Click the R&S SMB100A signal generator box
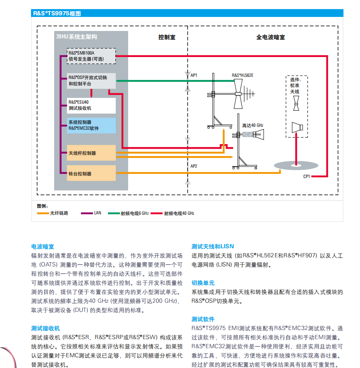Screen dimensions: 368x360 point(91,56)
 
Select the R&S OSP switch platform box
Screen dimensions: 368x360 point(91,81)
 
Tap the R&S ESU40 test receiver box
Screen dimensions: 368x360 point(91,105)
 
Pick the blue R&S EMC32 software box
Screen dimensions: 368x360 point(91,125)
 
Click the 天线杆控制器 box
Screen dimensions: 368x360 point(91,153)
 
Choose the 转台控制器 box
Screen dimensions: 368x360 point(91,173)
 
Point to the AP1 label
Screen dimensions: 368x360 point(194,76)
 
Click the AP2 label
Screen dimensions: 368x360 point(194,166)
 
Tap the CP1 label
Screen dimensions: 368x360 point(306,176)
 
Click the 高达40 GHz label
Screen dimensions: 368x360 point(253,125)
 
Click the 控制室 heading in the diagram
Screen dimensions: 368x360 point(167,37)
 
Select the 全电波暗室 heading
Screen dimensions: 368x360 point(270,37)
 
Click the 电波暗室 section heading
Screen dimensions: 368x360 point(43,246)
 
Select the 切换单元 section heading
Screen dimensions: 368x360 point(203,283)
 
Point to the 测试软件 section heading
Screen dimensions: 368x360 point(203,319)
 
